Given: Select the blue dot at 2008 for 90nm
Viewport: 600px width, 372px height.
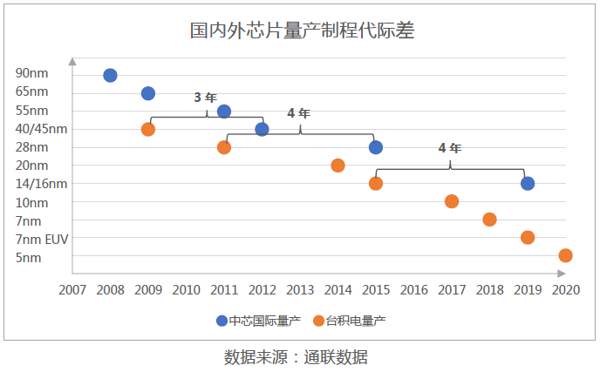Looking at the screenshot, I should pyautogui.click(x=110, y=75).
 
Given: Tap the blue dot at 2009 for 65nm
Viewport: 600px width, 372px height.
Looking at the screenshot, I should pyautogui.click(x=148, y=93).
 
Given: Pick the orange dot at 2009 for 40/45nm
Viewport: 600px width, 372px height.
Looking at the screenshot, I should pyautogui.click(x=148, y=129).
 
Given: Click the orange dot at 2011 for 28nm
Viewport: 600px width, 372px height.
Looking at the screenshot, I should pyautogui.click(x=224, y=147).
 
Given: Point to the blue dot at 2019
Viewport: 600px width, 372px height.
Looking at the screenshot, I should pyautogui.click(x=528, y=183).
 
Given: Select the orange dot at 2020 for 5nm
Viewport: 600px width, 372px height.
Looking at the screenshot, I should pyautogui.click(x=565, y=255).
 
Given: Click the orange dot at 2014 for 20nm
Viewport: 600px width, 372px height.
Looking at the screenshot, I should pyautogui.click(x=337, y=166).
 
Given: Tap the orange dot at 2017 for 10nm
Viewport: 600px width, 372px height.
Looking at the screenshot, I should pyautogui.click(x=452, y=201).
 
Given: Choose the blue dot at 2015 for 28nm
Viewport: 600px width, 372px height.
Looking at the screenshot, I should pyautogui.click(x=376, y=147).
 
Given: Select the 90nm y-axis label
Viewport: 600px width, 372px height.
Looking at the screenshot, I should pyautogui.click(x=32, y=74).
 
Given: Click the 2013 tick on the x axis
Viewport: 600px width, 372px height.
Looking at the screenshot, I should pyautogui.click(x=300, y=289).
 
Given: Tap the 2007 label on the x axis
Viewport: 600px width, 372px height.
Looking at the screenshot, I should pyautogui.click(x=72, y=289).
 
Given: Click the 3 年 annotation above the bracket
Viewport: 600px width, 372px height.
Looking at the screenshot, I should pyautogui.click(x=204, y=98).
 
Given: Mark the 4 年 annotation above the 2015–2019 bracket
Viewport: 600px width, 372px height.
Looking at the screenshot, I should pyautogui.click(x=449, y=148).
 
